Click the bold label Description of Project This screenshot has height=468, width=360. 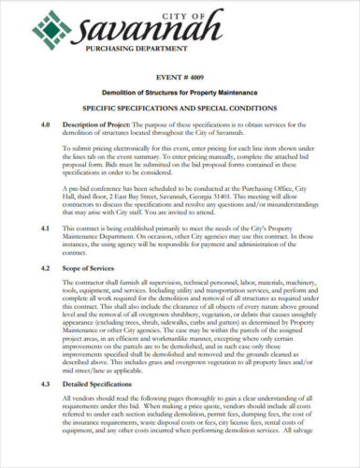(103, 124)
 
